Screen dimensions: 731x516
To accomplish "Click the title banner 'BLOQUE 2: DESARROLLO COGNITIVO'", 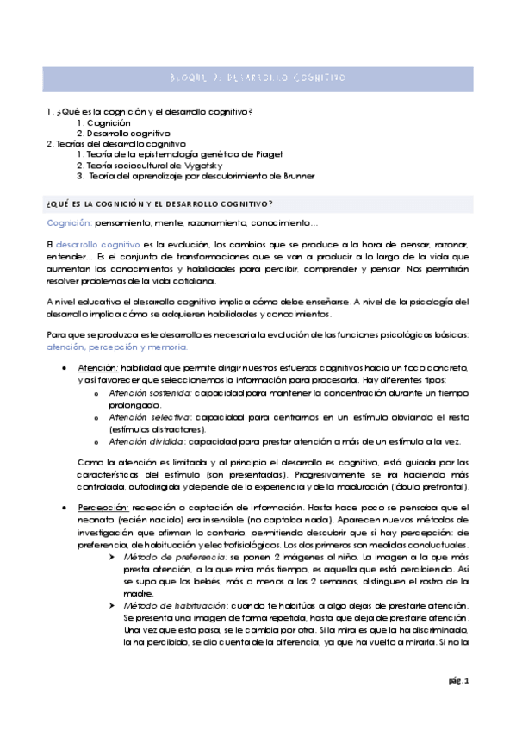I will click(258, 78).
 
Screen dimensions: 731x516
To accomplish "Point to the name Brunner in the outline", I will click(294, 176).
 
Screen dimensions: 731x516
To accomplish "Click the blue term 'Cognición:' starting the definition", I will click(69, 222).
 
